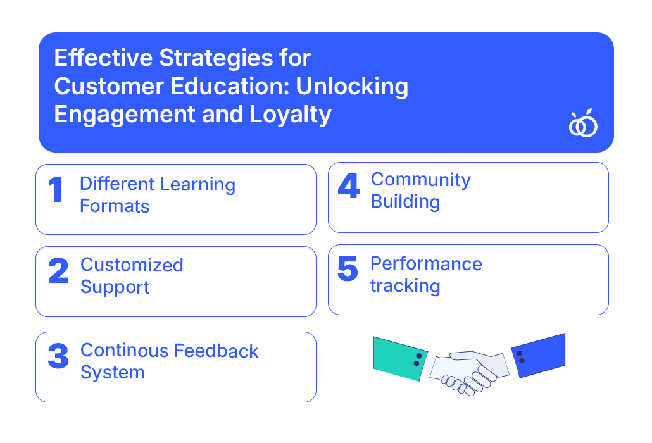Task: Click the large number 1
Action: click(x=56, y=189)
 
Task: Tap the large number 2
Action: click(x=58, y=270)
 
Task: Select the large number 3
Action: click(x=58, y=356)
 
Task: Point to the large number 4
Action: click(x=348, y=185)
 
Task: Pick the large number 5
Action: click(x=348, y=268)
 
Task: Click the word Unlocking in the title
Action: click(x=352, y=87)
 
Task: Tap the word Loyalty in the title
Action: click(x=291, y=115)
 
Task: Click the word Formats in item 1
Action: click(x=115, y=206)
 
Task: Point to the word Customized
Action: click(x=132, y=265)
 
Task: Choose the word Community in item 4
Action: click(x=421, y=180)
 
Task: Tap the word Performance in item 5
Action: click(x=426, y=264)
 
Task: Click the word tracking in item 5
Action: click(x=405, y=286)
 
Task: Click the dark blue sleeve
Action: click(x=538, y=355)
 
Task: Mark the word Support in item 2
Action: click(x=115, y=287)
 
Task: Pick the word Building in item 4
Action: click(x=405, y=202)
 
